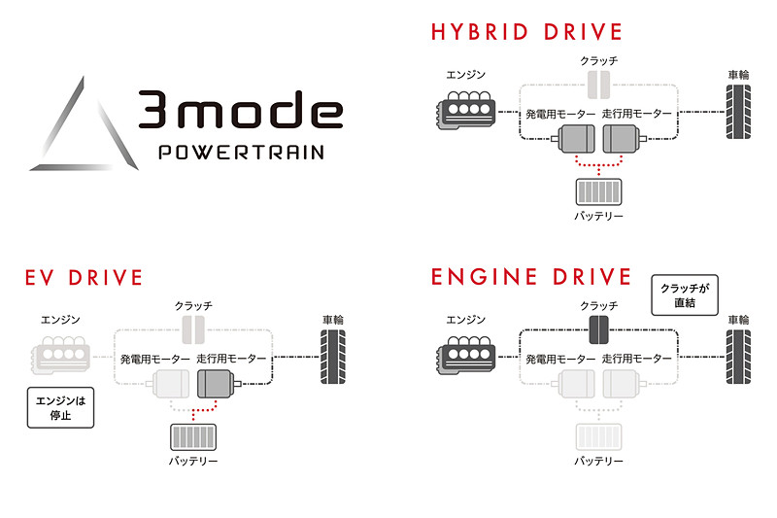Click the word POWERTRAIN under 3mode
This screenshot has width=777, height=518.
coord(241,153)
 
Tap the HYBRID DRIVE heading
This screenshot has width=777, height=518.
coord(526,32)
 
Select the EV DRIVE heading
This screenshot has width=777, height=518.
coord(84,278)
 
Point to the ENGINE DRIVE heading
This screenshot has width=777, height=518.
coord(531,278)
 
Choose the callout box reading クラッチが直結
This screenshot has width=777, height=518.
coord(683,295)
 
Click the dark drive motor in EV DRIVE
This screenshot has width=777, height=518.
coord(218,386)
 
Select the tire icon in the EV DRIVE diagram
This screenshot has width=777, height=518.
coord(332,357)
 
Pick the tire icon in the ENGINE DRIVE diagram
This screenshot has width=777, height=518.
coord(738,357)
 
